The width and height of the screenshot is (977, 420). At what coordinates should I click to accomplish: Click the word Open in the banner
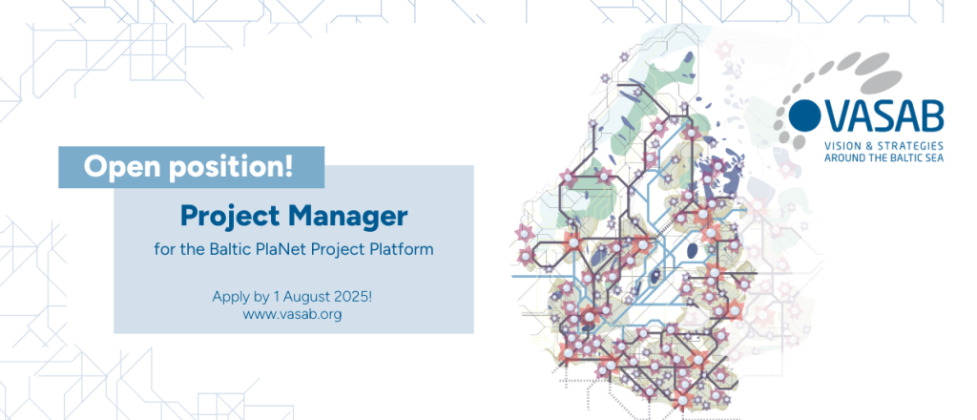[x=120, y=167]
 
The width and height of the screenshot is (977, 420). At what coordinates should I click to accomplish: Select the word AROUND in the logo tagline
[x=844, y=157]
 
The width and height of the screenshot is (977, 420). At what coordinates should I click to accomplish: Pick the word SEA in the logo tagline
[x=932, y=157]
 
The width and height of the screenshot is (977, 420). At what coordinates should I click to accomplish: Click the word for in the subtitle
[x=163, y=251]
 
